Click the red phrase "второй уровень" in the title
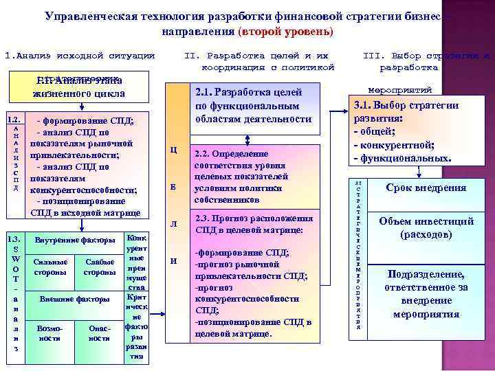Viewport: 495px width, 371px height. [x=285, y=32]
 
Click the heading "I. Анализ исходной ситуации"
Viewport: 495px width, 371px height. [x=80, y=55]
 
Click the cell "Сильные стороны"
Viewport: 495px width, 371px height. [x=50, y=267]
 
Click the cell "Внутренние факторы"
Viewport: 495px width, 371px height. [x=74, y=240]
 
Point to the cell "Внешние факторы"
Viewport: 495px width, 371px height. [x=74, y=300]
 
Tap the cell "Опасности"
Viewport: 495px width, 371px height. [x=100, y=333]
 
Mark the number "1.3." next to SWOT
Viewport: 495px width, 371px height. [x=14, y=238]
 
